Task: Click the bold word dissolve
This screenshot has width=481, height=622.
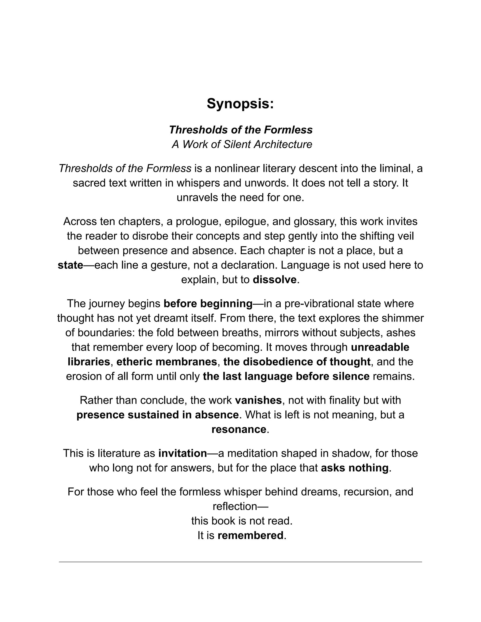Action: point(274,280)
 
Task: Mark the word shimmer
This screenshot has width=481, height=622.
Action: point(405,318)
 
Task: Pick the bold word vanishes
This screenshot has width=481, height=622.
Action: point(258,400)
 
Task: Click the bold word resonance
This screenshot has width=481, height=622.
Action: point(239,429)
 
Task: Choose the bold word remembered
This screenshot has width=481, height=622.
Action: point(250,535)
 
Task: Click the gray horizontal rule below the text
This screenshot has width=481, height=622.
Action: point(240,562)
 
